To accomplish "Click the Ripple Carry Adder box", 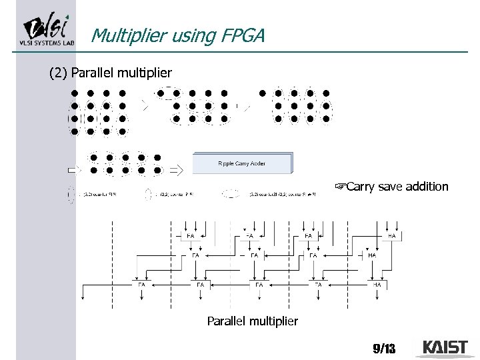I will coord(242,163).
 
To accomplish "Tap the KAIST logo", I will coord(445,347).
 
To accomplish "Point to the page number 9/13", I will coord(384,348).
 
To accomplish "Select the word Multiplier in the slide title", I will coord(123,35).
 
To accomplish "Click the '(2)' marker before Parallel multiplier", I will coord(59,73).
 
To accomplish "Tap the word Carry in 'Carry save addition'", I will coord(361,187).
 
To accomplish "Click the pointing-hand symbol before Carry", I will coord(340,187).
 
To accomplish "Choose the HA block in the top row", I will coord(391,235).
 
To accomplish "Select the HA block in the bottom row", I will coord(377,285).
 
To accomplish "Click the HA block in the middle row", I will coord(372,255).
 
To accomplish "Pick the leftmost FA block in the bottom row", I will coord(141,285).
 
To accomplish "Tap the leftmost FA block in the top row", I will coord(190,235).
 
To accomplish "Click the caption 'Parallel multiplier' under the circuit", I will coord(252,321).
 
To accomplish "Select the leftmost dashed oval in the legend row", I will coord(71,195).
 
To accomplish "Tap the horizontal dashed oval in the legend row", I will coord(231,195).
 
